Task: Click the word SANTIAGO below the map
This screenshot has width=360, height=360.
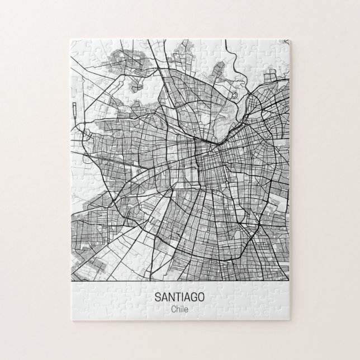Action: pos(179,297)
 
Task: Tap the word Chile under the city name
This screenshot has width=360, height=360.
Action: pos(179,309)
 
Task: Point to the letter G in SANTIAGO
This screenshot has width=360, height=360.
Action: pos(193,297)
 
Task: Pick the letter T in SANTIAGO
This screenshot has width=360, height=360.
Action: pos(176,297)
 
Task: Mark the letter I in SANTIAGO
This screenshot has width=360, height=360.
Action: pos(181,297)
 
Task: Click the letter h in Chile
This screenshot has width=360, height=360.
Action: pos(177,309)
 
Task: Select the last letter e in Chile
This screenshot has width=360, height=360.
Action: pos(186,309)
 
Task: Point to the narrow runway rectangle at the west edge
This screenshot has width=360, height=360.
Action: pos(74,112)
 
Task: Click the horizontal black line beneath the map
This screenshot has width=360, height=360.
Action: pos(179,281)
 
